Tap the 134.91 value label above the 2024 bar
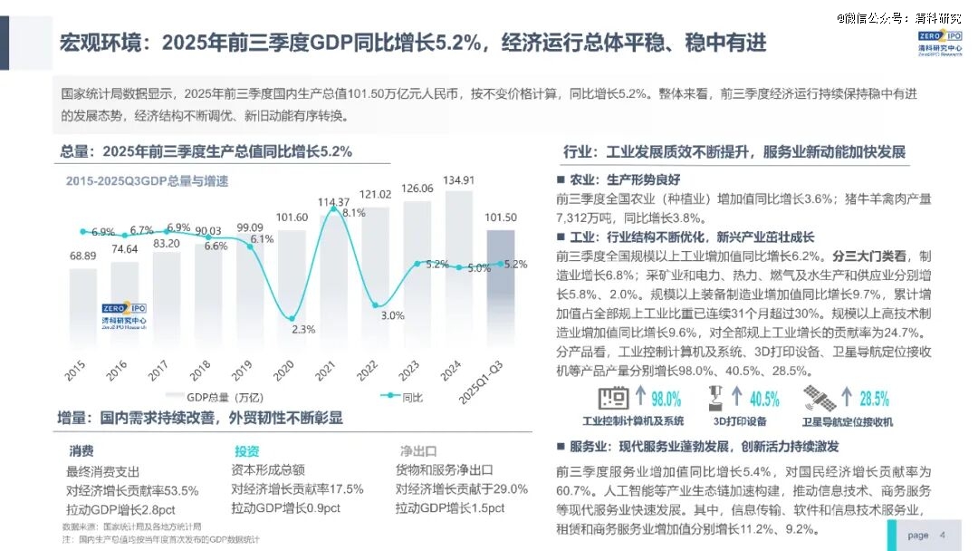[x=459, y=179]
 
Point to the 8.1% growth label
[x=353, y=213]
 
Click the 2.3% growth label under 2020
[x=304, y=329]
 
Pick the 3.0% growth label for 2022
[x=392, y=315]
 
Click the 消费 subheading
[x=81, y=450]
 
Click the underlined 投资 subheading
[x=246, y=450]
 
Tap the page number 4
[x=943, y=535]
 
